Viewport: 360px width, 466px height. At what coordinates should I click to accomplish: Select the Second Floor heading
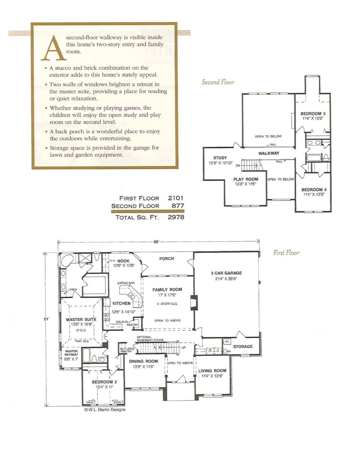click(218, 82)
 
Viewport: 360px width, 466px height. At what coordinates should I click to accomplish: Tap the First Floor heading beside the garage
click(286, 253)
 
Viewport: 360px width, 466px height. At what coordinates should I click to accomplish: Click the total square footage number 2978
click(176, 217)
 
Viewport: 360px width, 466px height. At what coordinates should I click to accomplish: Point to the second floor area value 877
click(178, 206)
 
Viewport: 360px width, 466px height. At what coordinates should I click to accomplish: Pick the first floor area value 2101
click(175, 198)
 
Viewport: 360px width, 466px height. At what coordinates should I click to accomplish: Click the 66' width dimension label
click(156, 242)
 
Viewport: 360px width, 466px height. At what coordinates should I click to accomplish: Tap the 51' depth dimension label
click(46, 319)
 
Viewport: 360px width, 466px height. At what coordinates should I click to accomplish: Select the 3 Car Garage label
click(226, 273)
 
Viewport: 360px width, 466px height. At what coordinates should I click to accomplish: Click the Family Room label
click(167, 290)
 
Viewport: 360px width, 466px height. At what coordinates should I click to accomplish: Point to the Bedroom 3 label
click(313, 114)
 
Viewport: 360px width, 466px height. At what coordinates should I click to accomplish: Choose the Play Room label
click(246, 179)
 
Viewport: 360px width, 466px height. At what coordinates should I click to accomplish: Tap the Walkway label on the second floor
click(269, 153)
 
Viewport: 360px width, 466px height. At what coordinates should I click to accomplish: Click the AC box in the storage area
click(227, 341)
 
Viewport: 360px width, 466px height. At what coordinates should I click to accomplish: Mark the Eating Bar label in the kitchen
click(126, 283)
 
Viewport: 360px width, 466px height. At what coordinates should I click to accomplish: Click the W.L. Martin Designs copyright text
click(105, 410)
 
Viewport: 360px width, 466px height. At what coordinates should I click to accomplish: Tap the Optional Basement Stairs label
click(150, 338)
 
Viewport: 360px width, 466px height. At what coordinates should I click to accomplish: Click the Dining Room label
click(143, 361)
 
